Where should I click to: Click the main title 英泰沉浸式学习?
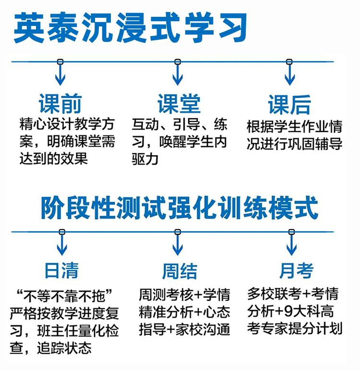coord(130,27)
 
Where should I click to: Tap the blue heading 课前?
coord(60,104)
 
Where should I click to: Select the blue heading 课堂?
coord(179,104)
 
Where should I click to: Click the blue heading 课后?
coord(289,105)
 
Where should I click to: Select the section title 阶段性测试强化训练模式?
coord(180,208)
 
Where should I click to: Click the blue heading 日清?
coord(61,271)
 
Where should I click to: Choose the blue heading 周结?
coord(180,271)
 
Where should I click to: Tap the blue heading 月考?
coord(296,271)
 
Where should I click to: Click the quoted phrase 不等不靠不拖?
coord(64,296)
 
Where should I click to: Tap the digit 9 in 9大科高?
coord(288,311)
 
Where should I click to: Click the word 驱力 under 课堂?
coord(145,159)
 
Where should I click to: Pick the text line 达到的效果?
coord(54,158)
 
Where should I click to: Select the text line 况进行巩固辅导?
coord(294,144)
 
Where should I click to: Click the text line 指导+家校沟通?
coord(184,330)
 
